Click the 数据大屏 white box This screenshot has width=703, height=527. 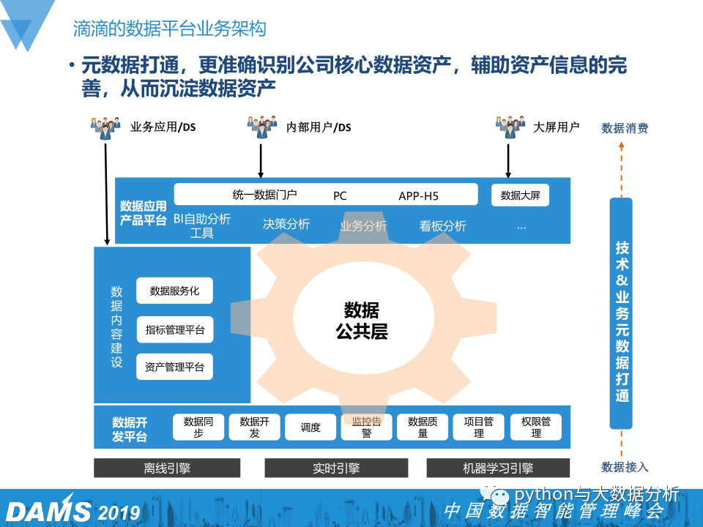[x=520, y=195]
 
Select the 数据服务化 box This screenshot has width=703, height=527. [x=174, y=291]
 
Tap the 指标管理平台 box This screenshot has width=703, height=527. [x=174, y=329]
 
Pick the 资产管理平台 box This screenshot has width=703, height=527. [x=174, y=367]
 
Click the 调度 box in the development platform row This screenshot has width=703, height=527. [x=310, y=427]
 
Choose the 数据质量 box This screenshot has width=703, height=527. [x=423, y=427]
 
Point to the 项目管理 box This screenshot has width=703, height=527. [x=479, y=427]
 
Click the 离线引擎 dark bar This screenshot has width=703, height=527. [x=167, y=468]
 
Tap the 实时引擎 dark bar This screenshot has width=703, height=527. [x=336, y=468]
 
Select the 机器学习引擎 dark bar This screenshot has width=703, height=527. [x=498, y=468]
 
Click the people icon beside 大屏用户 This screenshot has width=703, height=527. [x=510, y=127]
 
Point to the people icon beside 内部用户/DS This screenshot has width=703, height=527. [x=261, y=127]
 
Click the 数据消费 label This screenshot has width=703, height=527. [x=625, y=128]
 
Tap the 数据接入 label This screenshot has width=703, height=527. [x=625, y=467]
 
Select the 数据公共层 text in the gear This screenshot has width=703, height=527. [x=361, y=320]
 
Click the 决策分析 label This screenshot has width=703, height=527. [x=286, y=224]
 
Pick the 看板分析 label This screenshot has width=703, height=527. [x=442, y=225]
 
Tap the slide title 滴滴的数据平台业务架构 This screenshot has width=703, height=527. [x=169, y=29]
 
